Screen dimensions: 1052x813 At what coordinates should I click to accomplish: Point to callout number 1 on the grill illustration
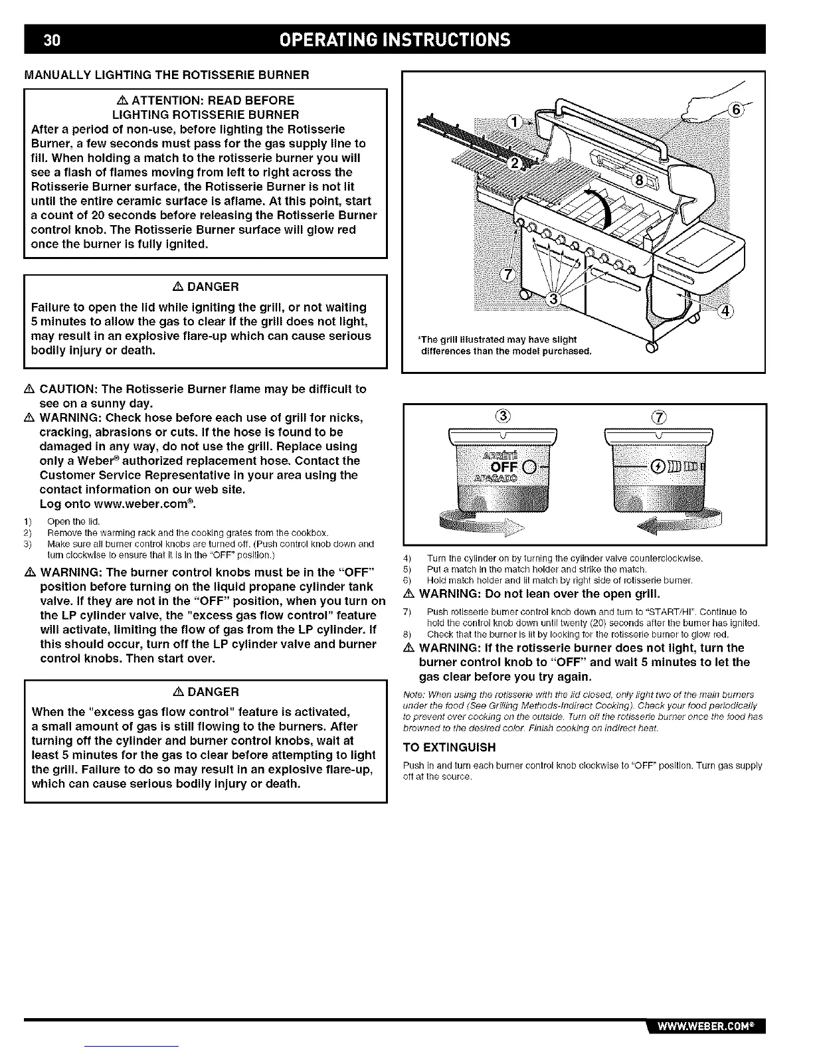515,123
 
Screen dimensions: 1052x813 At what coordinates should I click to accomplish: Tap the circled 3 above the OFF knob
503,418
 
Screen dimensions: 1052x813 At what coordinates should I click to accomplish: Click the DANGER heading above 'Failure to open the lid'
205,287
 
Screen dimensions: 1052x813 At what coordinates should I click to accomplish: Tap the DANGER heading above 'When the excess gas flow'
205,691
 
